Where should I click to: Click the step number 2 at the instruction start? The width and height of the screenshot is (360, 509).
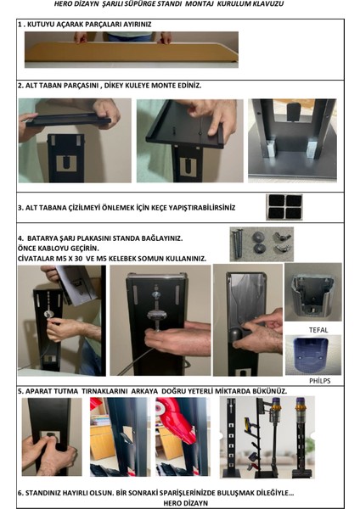[x=20, y=86]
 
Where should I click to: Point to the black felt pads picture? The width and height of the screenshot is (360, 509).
[x=284, y=206]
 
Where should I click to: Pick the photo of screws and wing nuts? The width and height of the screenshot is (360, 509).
[x=261, y=244]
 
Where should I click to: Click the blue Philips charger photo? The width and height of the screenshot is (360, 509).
[x=313, y=355]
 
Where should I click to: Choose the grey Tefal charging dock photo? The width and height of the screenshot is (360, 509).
[x=313, y=292]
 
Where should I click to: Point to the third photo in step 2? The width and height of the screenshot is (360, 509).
[x=292, y=140]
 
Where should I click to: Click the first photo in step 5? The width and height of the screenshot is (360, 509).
[x=52, y=437]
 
